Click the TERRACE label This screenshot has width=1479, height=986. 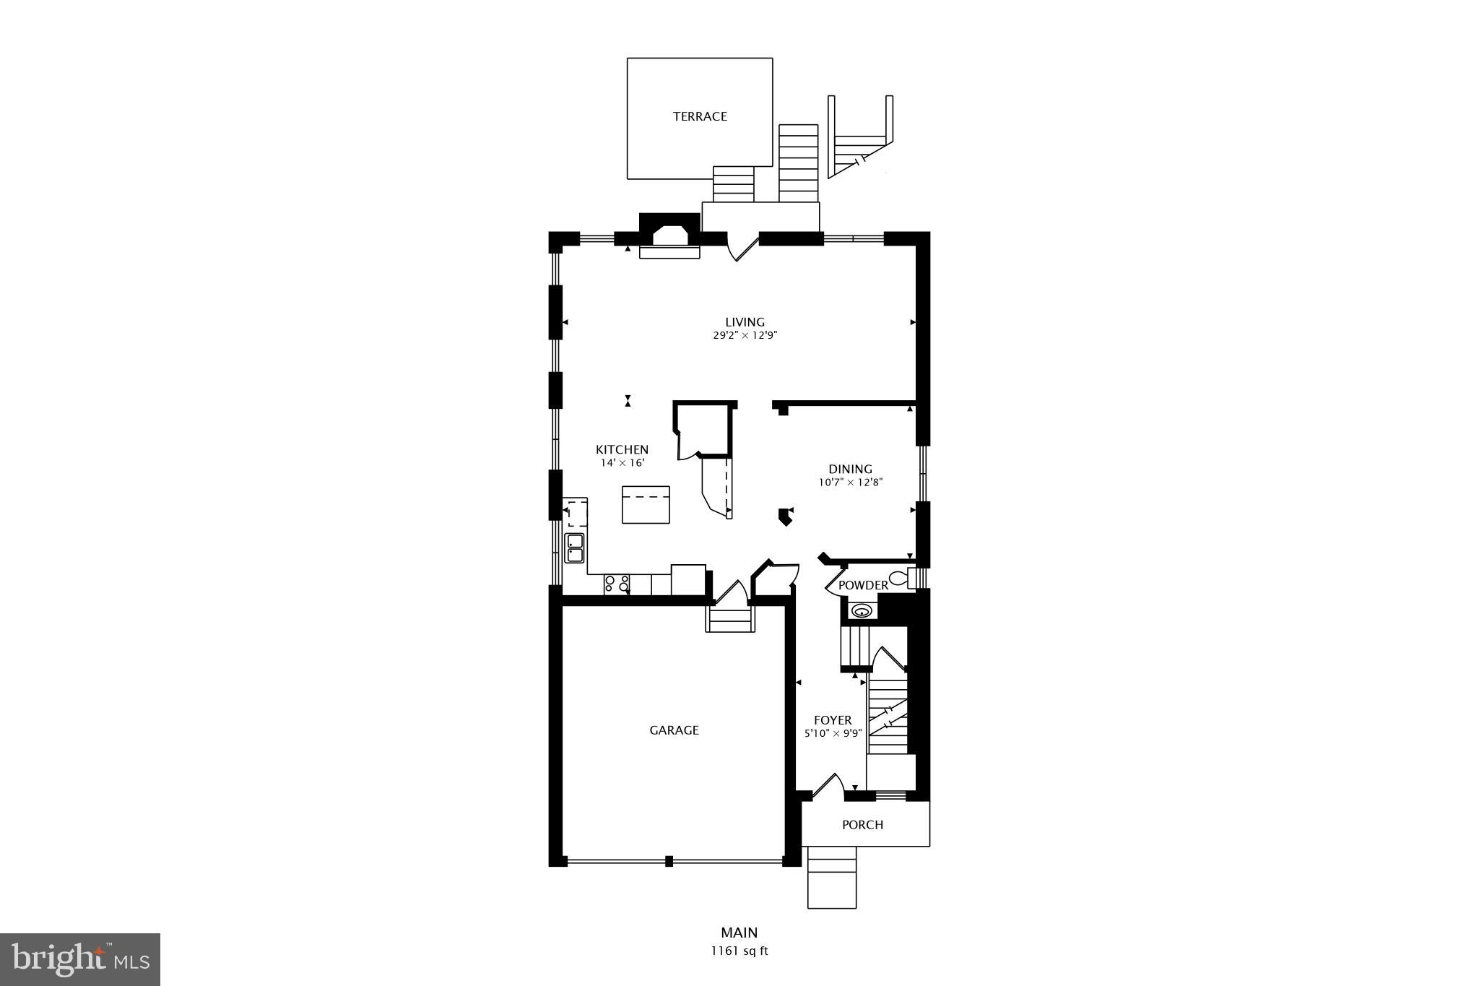(700, 116)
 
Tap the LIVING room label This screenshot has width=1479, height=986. (745, 322)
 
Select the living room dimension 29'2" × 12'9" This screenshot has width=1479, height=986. (745, 336)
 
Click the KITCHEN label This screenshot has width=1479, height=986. (622, 449)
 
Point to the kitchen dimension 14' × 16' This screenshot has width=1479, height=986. (622, 463)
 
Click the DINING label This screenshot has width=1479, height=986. (850, 469)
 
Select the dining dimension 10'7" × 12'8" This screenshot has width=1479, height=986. (850, 483)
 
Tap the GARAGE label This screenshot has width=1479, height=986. (674, 730)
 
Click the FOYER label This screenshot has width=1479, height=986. (833, 720)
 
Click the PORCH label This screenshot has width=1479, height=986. (862, 825)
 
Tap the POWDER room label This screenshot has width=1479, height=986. (863, 585)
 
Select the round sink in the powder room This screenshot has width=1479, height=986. (862, 611)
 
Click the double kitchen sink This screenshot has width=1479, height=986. (575, 548)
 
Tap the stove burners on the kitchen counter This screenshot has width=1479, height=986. (617, 584)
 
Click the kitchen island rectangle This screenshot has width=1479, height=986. (646, 504)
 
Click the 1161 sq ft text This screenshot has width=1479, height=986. (739, 951)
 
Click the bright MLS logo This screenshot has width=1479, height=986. (80, 959)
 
